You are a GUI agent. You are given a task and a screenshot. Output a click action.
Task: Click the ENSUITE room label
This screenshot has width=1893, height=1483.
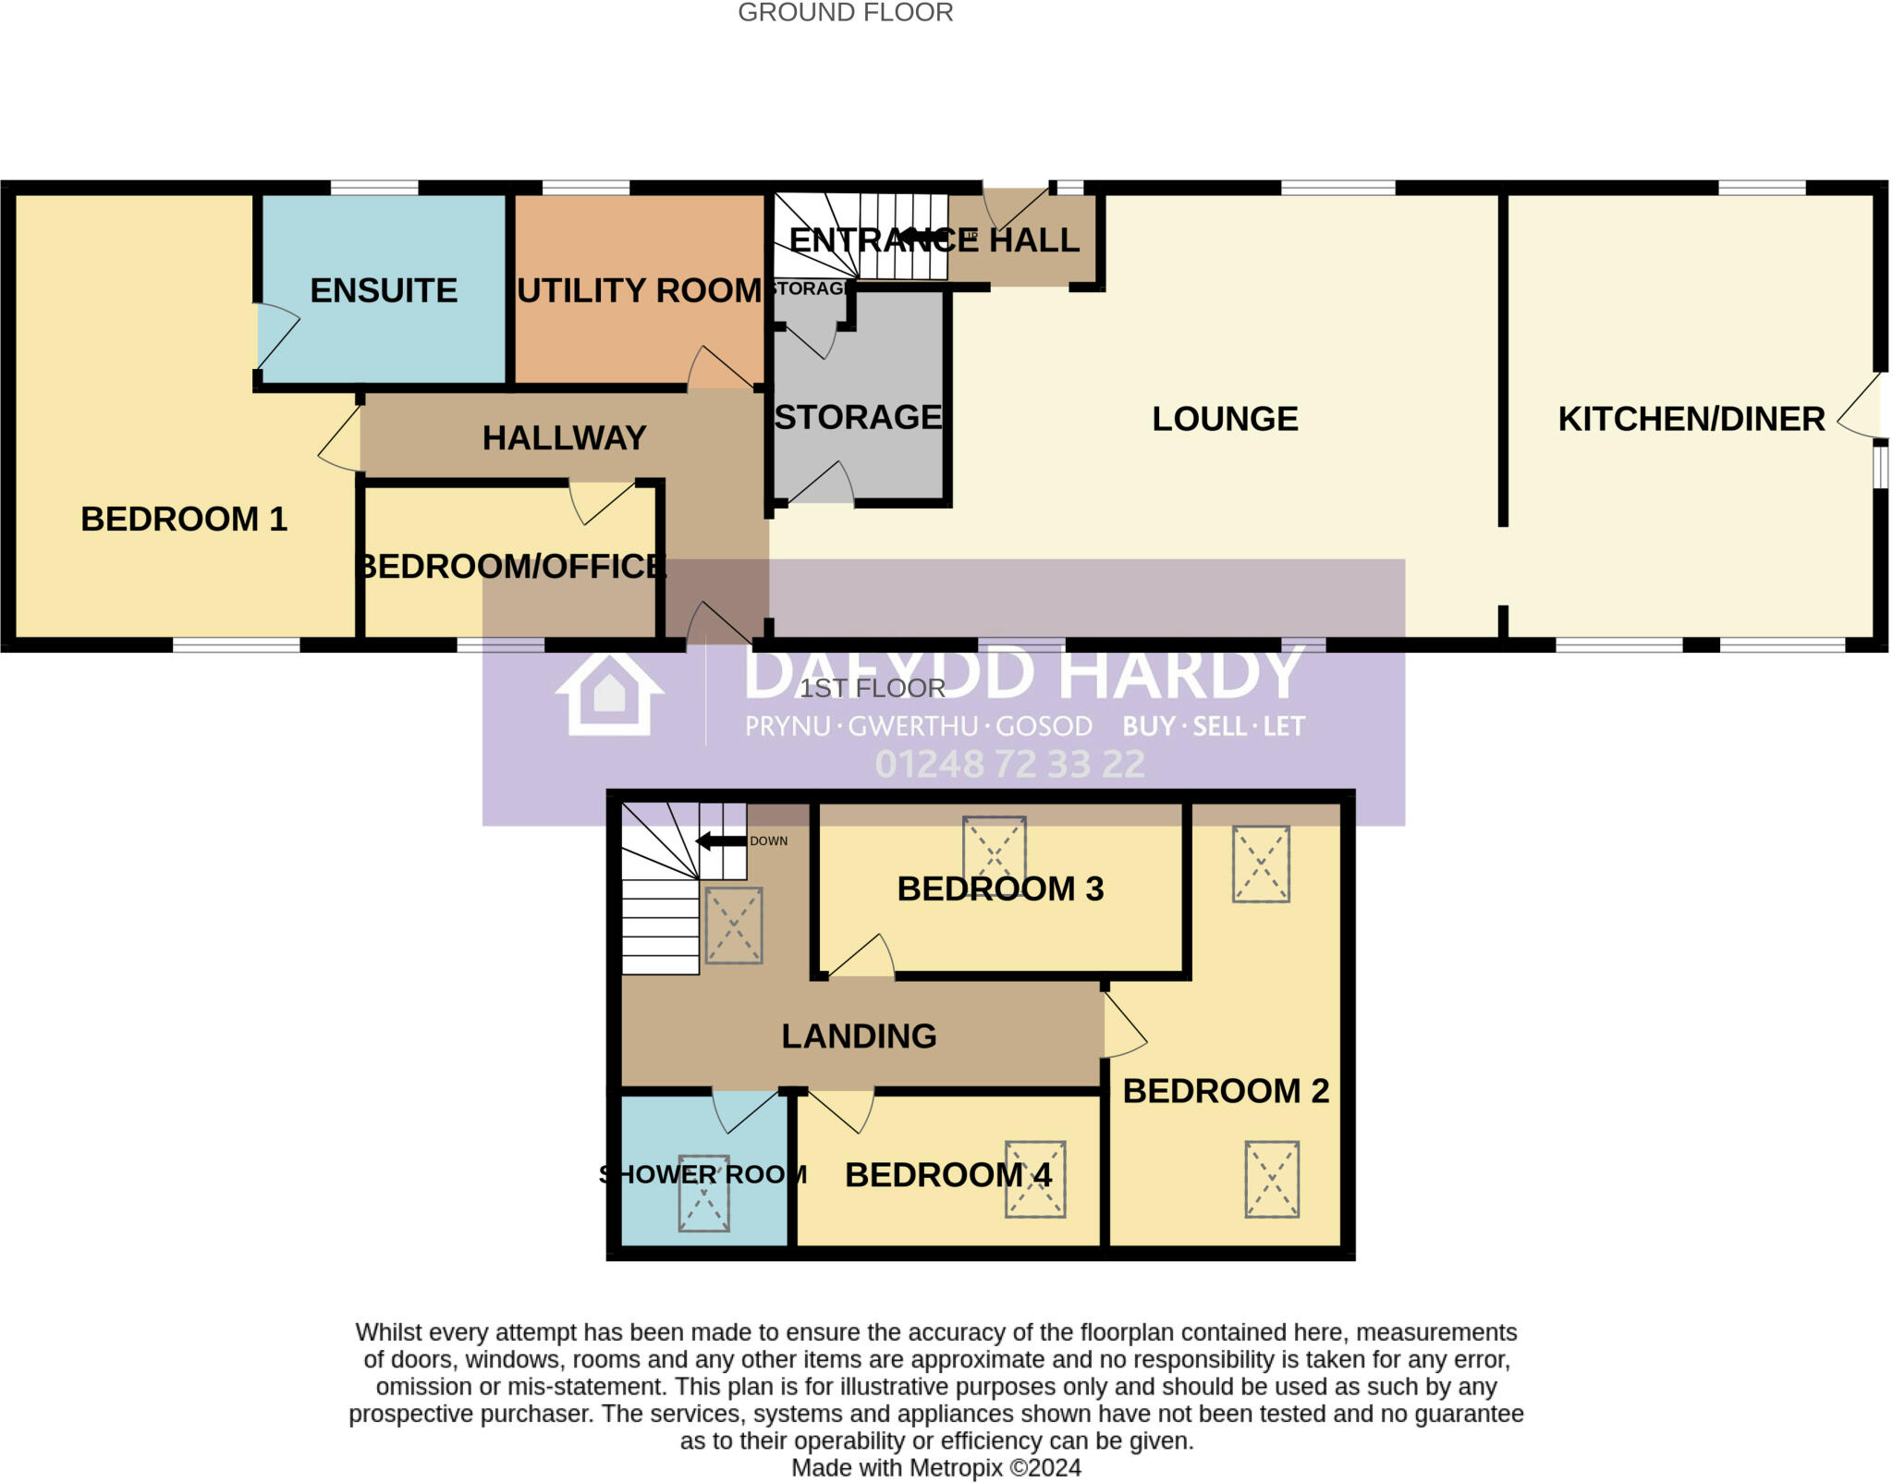(x=384, y=290)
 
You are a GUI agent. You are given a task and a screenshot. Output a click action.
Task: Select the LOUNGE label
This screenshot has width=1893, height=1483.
(x=1225, y=419)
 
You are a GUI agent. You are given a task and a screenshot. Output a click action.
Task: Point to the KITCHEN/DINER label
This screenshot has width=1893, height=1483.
(x=1691, y=419)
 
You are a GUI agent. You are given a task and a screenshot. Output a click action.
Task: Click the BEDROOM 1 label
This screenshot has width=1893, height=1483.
(x=184, y=519)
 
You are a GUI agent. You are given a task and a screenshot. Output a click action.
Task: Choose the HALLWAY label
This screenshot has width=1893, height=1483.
(x=564, y=437)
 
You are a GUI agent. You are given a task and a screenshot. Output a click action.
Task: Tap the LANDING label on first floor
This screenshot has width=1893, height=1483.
(x=859, y=1036)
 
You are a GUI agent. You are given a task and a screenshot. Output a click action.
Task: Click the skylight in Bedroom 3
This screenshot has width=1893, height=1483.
(x=994, y=848)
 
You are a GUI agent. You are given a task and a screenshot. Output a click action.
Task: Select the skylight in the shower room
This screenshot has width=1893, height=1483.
(x=703, y=1194)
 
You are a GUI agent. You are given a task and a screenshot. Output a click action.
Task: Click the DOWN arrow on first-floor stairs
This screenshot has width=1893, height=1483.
(x=721, y=841)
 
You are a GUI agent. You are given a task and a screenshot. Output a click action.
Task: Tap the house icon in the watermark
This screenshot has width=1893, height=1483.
(x=609, y=693)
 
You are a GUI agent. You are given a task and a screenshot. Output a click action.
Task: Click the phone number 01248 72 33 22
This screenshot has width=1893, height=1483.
(x=1009, y=764)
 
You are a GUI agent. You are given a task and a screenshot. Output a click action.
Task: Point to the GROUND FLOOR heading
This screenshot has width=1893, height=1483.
(x=845, y=13)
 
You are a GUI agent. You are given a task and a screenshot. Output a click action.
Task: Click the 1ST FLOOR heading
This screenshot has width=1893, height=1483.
(x=873, y=688)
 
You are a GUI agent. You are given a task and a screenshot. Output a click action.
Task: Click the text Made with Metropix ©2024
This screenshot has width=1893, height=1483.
(x=935, y=1468)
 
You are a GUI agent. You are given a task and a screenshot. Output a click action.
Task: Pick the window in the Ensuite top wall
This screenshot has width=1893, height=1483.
(x=374, y=188)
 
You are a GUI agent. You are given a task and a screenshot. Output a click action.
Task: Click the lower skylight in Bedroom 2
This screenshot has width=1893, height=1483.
(x=1272, y=1179)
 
